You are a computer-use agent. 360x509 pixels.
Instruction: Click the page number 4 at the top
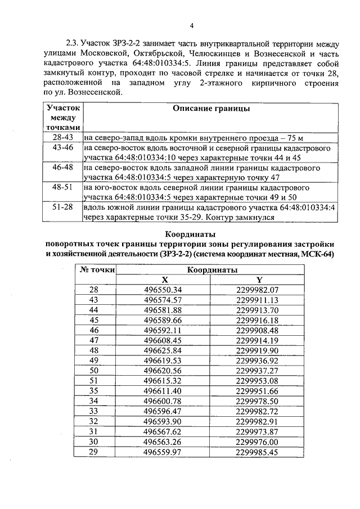[x=191, y=26]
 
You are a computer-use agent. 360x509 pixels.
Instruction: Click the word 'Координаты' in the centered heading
[x=191, y=235]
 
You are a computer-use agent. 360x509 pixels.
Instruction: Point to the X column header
[x=164, y=280]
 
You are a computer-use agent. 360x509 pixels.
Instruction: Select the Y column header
[x=259, y=280]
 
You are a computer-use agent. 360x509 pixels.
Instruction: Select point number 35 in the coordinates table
[x=94, y=390]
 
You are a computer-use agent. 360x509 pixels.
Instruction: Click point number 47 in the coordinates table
[x=94, y=340]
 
